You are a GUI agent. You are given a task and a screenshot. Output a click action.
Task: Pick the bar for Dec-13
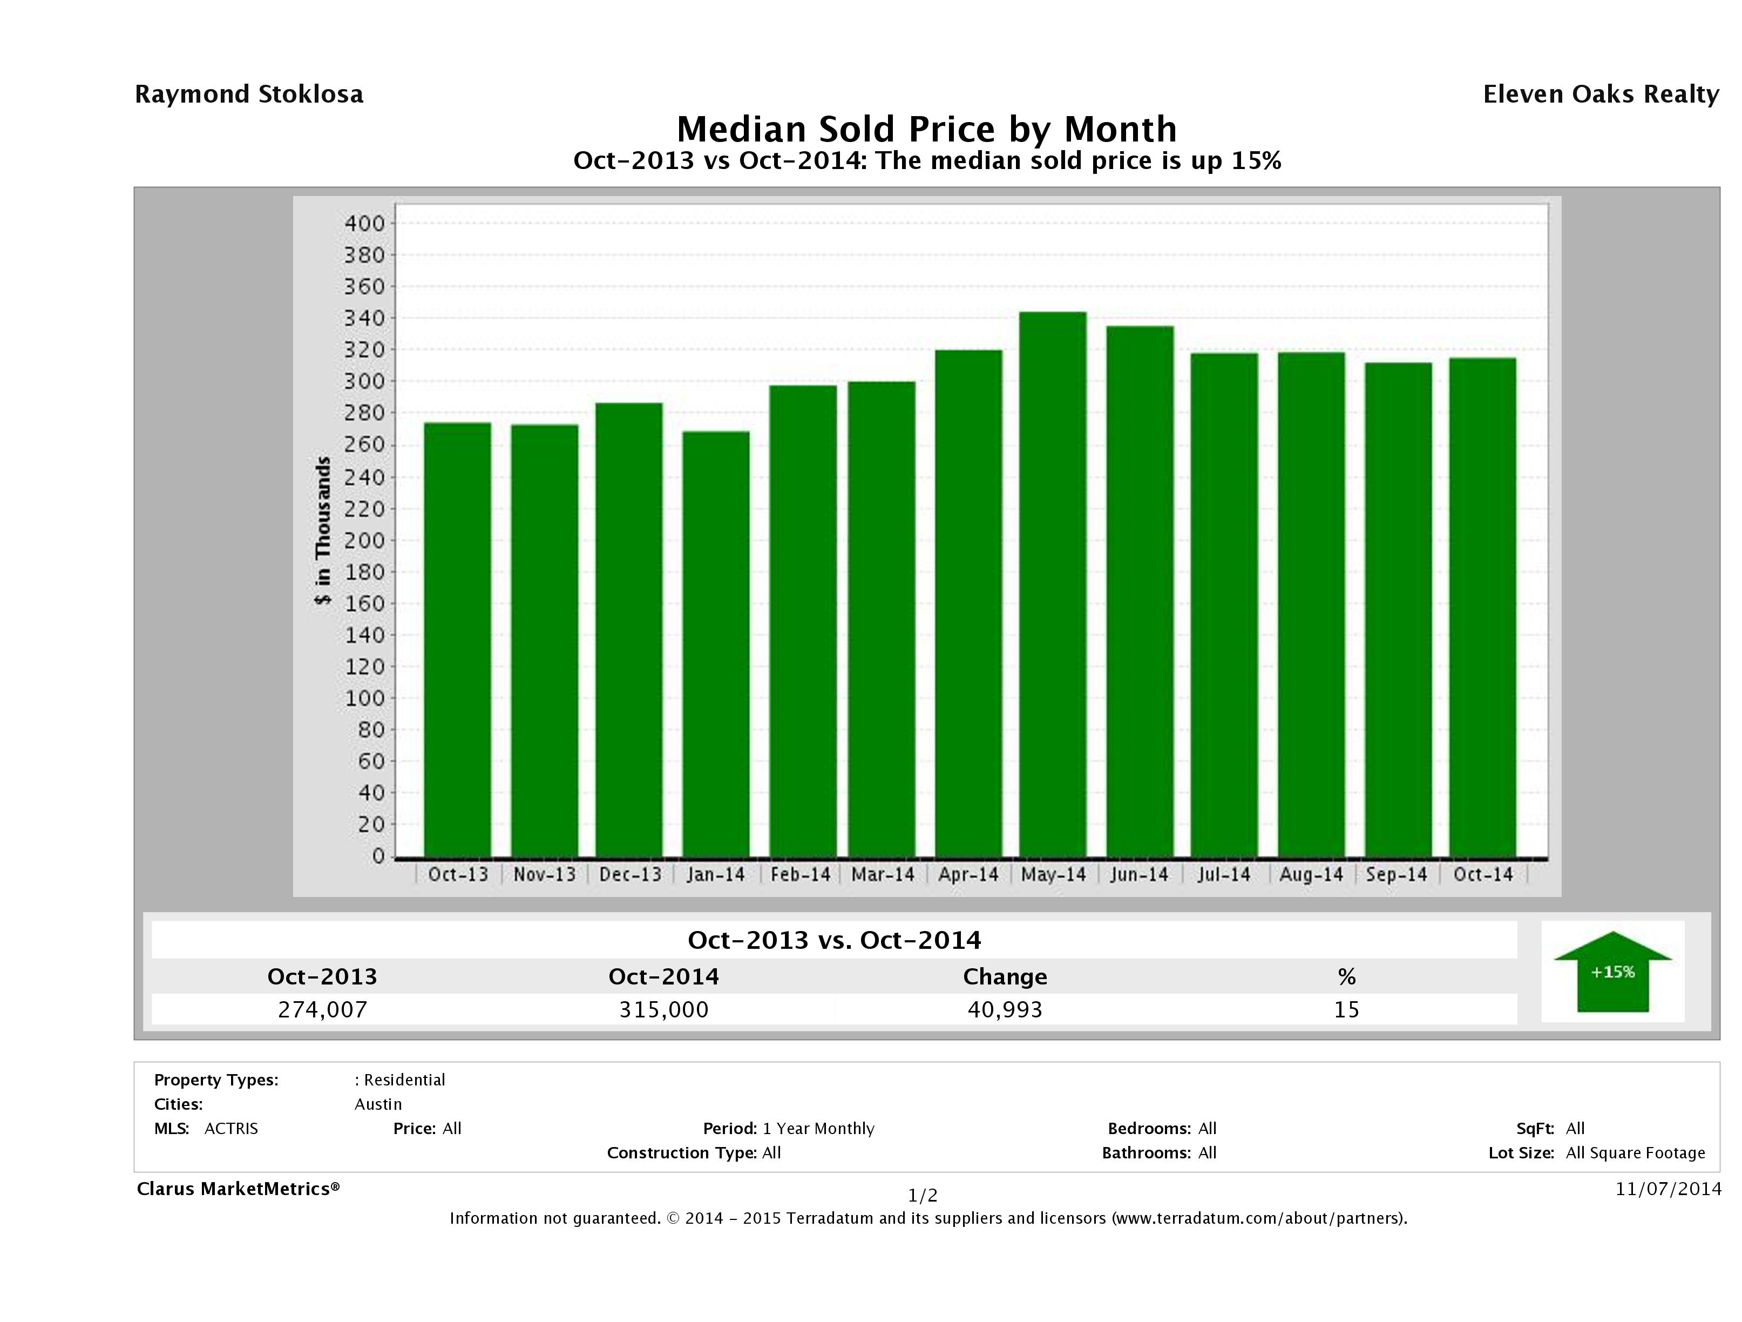pyautogui.click(x=629, y=630)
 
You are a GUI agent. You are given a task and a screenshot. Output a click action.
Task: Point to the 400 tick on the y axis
pyautogui.click(x=364, y=224)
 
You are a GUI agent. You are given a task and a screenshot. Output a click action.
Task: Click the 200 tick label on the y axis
pyautogui.click(x=364, y=541)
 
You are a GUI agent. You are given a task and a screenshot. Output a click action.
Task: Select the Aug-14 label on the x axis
pyautogui.click(x=1311, y=874)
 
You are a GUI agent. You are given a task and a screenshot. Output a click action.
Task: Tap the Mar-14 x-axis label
pyautogui.click(x=883, y=874)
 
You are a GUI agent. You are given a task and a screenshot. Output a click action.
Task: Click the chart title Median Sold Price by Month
pyautogui.click(x=927, y=129)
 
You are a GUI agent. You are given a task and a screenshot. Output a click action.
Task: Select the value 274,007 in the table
pyautogui.click(x=323, y=1009)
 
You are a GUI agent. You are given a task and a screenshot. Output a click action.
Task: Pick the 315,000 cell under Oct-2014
pyautogui.click(x=664, y=1009)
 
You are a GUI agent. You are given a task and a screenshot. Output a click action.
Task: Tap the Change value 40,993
pyautogui.click(x=1005, y=1009)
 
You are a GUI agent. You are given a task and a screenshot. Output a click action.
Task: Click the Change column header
pyautogui.click(x=1005, y=977)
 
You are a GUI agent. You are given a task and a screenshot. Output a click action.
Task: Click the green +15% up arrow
pyautogui.click(x=1612, y=973)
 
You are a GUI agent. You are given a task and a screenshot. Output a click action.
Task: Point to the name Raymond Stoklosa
pyautogui.click(x=249, y=95)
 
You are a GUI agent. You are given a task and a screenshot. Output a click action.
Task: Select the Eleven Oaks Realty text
pyautogui.click(x=1600, y=95)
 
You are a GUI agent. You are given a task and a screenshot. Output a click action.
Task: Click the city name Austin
pyautogui.click(x=378, y=1104)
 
